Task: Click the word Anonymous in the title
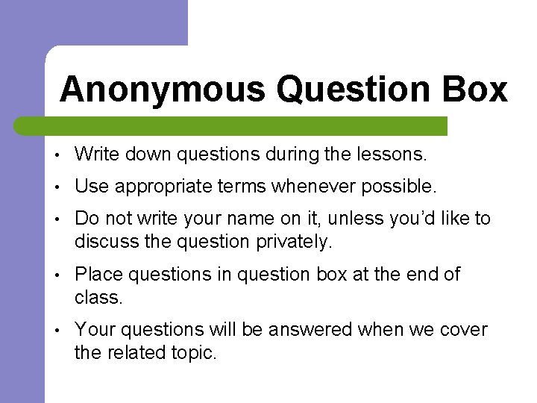click(x=162, y=90)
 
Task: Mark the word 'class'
click(x=97, y=297)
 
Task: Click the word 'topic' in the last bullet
click(x=192, y=352)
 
